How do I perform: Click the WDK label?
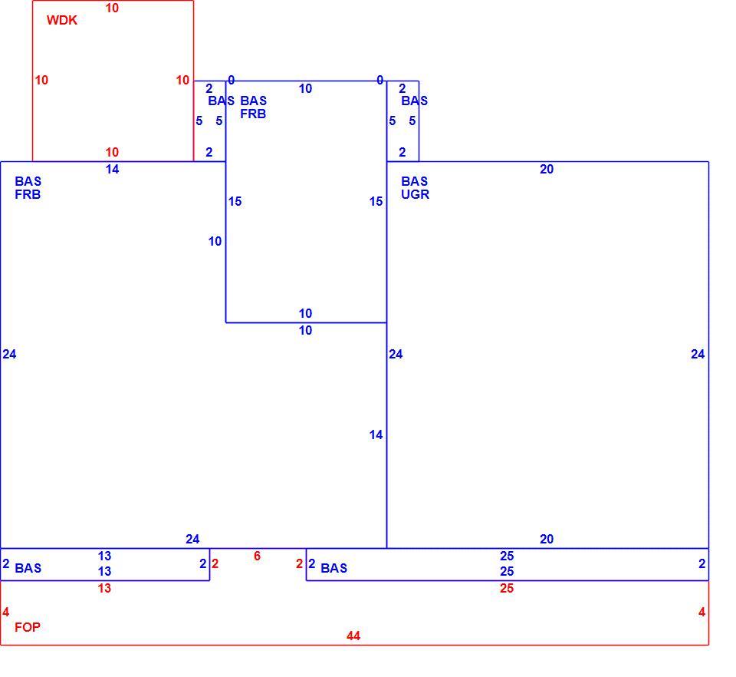62,20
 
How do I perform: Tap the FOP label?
28,627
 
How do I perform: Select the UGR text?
415,194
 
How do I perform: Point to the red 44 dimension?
353,636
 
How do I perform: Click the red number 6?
258,556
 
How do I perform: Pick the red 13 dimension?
104,588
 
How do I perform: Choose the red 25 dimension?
507,588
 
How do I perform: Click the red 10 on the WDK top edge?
112,8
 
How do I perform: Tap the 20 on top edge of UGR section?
547,169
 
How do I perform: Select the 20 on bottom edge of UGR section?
547,539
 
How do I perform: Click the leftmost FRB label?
28,194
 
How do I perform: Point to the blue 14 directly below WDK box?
112,169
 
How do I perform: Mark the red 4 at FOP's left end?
5,612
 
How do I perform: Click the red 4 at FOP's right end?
701,612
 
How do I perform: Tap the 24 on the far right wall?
698,355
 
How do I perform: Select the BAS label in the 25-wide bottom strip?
333,568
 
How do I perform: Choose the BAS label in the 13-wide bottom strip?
28,568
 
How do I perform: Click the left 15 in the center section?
235,202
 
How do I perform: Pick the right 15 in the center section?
376,202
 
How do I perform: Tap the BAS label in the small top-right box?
415,101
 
